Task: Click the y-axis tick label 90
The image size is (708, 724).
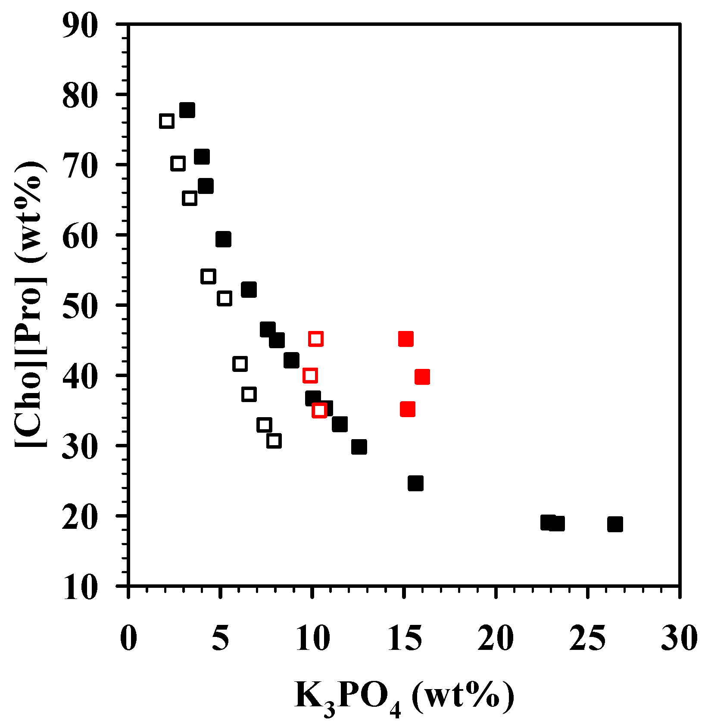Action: tap(80, 25)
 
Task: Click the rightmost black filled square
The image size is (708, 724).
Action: tap(615, 524)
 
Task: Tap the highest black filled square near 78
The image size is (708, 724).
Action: tap(187, 110)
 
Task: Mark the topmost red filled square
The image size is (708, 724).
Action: tap(406, 339)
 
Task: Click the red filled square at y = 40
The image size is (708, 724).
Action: tap(422, 377)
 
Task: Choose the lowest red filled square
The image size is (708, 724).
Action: tap(408, 409)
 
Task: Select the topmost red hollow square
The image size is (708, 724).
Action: tap(316, 339)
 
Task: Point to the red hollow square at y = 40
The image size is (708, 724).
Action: tap(310, 375)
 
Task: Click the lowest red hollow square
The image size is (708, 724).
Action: tap(319, 410)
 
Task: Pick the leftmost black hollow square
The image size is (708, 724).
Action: tap(166, 122)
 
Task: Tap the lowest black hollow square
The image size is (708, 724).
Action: tap(274, 441)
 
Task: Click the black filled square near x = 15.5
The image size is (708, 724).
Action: tap(415, 484)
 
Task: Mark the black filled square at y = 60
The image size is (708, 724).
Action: tap(223, 239)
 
